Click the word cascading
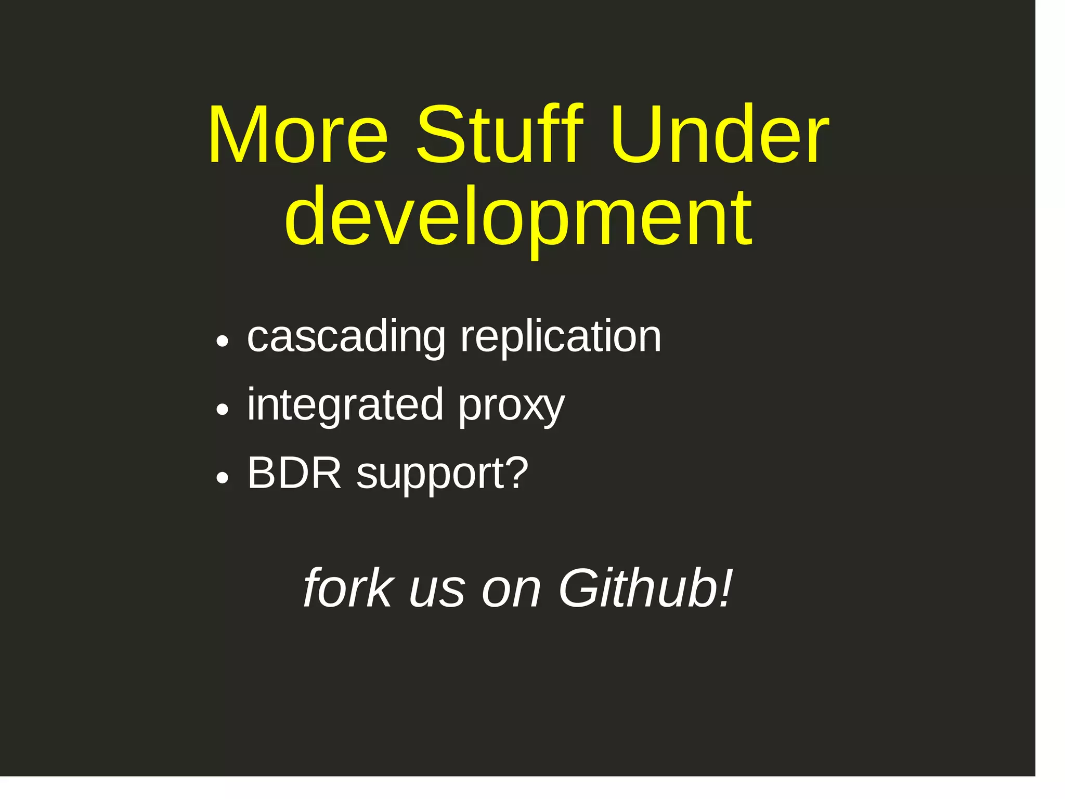click(x=346, y=338)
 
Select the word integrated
click(x=345, y=405)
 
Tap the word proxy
click(x=511, y=408)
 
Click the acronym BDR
click(x=294, y=473)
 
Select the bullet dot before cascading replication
click(x=223, y=342)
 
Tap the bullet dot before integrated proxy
click(x=223, y=410)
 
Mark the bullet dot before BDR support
click(x=223, y=478)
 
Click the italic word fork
click(x=348, y=588)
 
